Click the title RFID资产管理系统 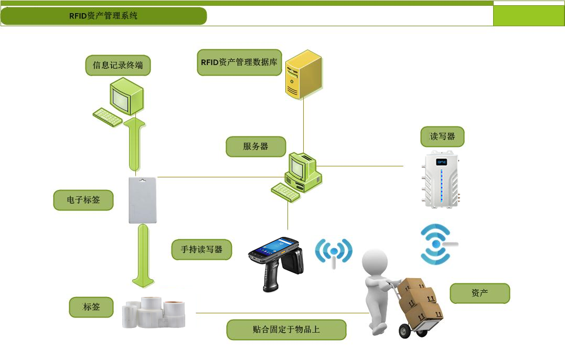[x=103, y=16]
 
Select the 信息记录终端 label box [x=118, y=66]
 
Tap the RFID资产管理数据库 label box [x=239, y=62]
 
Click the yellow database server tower [x=303, y=75]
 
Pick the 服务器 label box [x=255, y=147]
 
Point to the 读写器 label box [x=442, y=136]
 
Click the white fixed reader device [x=441, y=179]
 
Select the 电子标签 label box [x=83, y=200]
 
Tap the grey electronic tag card [x=143, y=200]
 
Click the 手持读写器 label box [x=201, y=249]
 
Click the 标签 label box [x=91, y=307]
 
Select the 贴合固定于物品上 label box [x=286, y=330]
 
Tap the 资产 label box [x=479, y=293]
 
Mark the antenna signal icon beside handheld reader [x=334, y=252]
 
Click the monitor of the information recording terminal [x=125, y=96]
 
